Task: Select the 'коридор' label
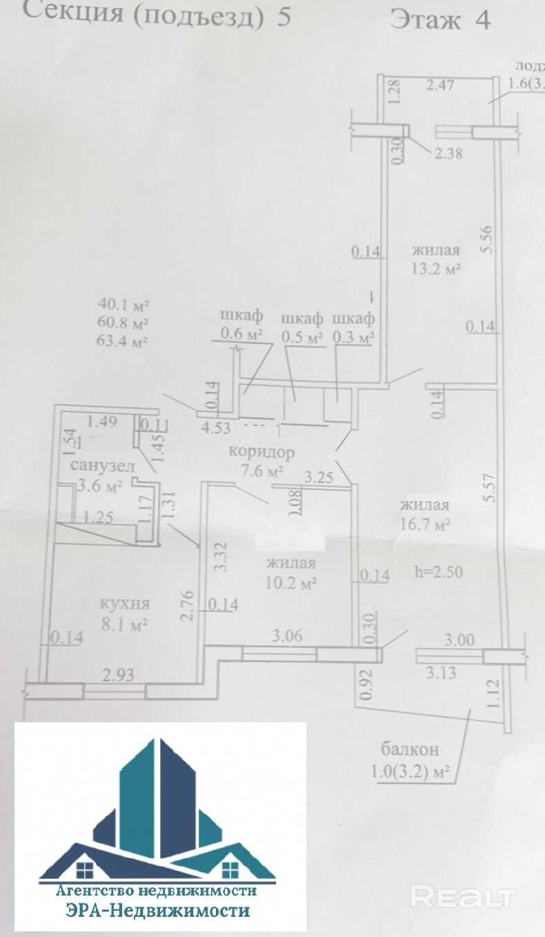click(x=261, y=453)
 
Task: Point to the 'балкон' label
click(x=410, y=748)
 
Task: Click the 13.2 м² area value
click(x=437, y=269)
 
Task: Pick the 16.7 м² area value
click(x=425, y=525)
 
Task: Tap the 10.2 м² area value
click(x=291, y=583)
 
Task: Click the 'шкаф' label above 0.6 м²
click(x=241, y=316)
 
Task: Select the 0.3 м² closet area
click(x=353, y=338)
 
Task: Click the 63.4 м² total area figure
click(x=124, y=340)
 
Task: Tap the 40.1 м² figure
click(x=124, y=304)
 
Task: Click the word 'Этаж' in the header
click(x=425, y=19)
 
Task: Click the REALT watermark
click(x=463, y=897)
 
